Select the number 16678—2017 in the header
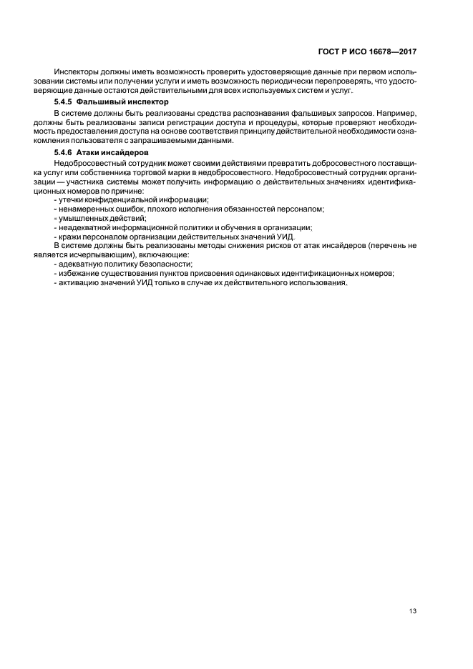coord(391,52)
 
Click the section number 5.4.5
coord(64,102)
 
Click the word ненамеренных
coord(84,209)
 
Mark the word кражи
coord(68,237)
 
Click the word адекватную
coord(79,265)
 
